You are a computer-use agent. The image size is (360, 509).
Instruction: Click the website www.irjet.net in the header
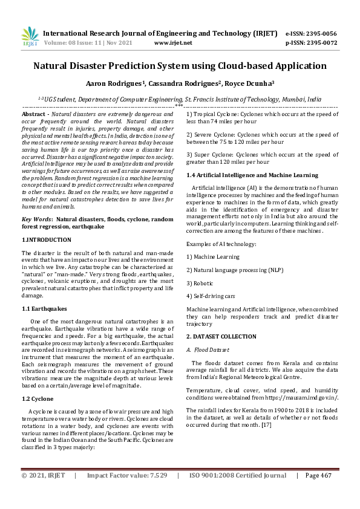173,43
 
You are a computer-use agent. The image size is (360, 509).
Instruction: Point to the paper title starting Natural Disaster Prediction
180,66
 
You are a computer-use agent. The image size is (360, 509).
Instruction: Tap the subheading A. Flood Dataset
208,349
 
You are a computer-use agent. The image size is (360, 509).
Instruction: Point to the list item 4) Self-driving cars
211,296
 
